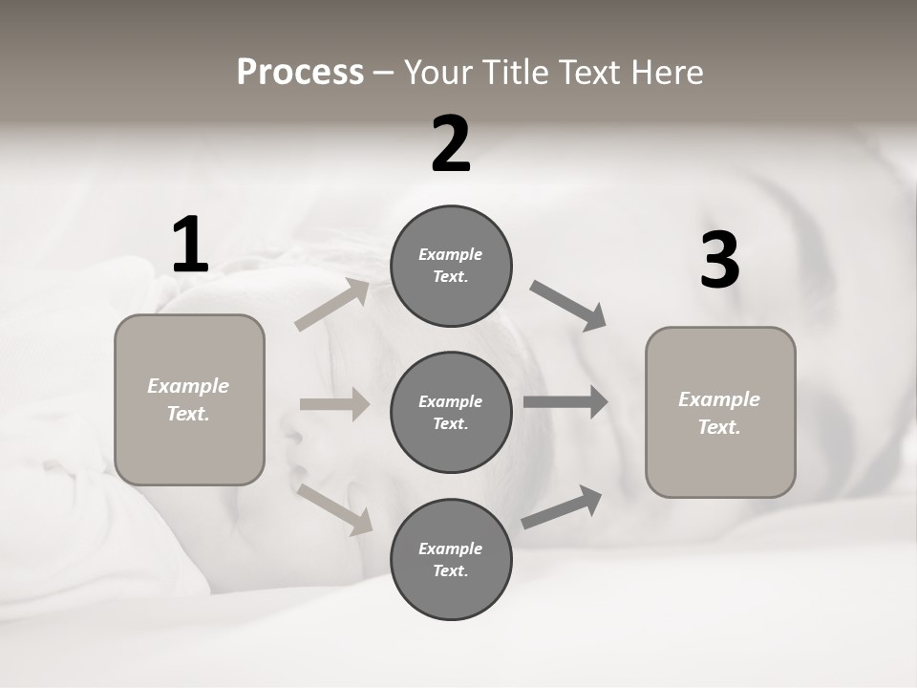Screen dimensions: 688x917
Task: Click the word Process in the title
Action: coord(300,73)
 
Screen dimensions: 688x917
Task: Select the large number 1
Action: coord(189,245)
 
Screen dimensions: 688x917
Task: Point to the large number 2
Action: coord(451,144)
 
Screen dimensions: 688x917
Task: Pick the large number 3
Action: coord(719,260)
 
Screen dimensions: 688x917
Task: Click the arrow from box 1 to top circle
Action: coord(332,305)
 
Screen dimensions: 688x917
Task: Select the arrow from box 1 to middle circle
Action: coord(334,404)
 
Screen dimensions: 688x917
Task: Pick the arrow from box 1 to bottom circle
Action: coord(335,508)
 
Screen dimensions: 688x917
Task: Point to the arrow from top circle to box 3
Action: coord(569,306)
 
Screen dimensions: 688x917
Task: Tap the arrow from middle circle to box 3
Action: coord(565,401)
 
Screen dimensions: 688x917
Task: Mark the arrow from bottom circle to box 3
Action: coord(563,506)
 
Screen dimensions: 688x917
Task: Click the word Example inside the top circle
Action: coord(451,254)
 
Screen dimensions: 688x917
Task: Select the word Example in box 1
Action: coord(188,386)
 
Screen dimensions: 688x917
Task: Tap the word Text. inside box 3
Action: coord(719,427)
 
